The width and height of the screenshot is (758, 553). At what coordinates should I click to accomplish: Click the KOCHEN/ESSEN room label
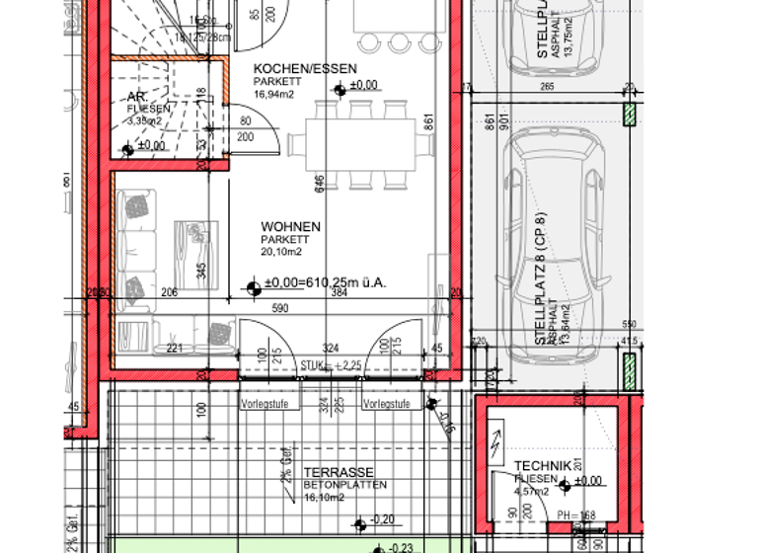(291, 68)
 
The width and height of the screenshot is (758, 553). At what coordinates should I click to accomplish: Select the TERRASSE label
(339, 473)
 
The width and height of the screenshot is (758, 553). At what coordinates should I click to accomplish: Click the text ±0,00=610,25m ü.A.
(325, 283)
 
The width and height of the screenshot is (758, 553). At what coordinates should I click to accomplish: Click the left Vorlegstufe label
(270, 404)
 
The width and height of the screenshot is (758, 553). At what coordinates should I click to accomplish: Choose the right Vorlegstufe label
(390, 404)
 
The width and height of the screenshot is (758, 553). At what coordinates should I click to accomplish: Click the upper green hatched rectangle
(628, 116)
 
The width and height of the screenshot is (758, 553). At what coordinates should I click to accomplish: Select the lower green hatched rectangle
(628, 372)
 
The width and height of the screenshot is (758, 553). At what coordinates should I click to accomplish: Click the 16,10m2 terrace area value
(324, 497)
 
